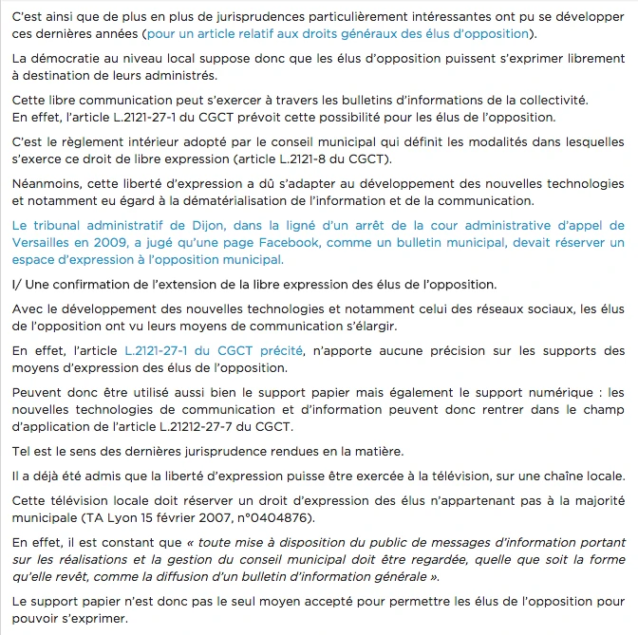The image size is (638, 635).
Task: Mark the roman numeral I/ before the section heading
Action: pyautogui.click(x=17, y=285)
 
